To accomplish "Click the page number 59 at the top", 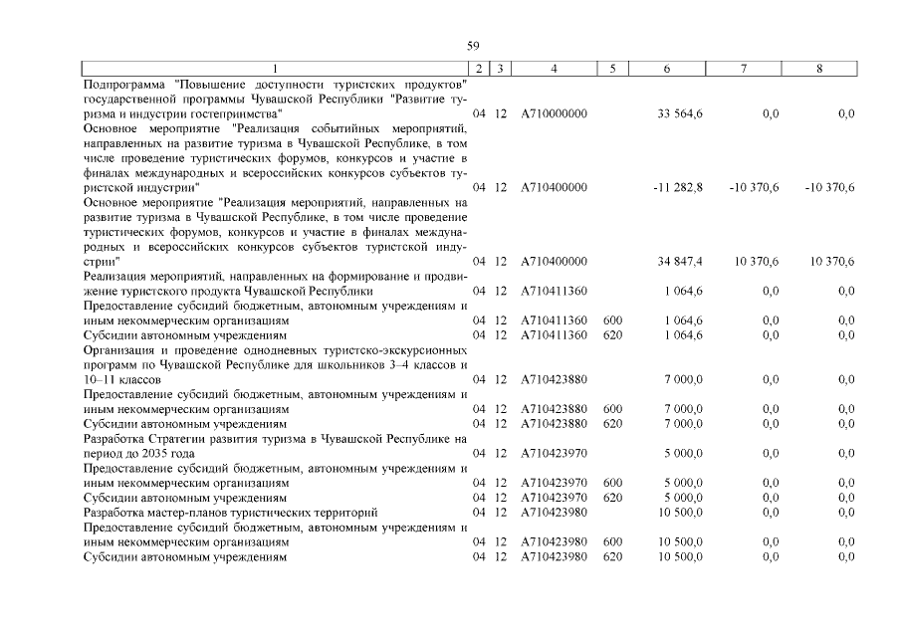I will (473, 46).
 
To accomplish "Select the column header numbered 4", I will (554, 69).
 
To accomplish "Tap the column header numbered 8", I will (818, 69).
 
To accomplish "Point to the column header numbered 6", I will (666, 69).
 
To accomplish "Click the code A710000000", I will (554, 114).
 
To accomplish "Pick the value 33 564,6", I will (680, 114).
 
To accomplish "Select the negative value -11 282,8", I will (678, 187).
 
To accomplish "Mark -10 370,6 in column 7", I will (754, 187).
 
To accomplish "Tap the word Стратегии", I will (175, 438).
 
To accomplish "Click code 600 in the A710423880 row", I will (612, 409).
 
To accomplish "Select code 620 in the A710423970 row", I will (612, 497).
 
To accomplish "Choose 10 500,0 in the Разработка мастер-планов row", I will (680, 512).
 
